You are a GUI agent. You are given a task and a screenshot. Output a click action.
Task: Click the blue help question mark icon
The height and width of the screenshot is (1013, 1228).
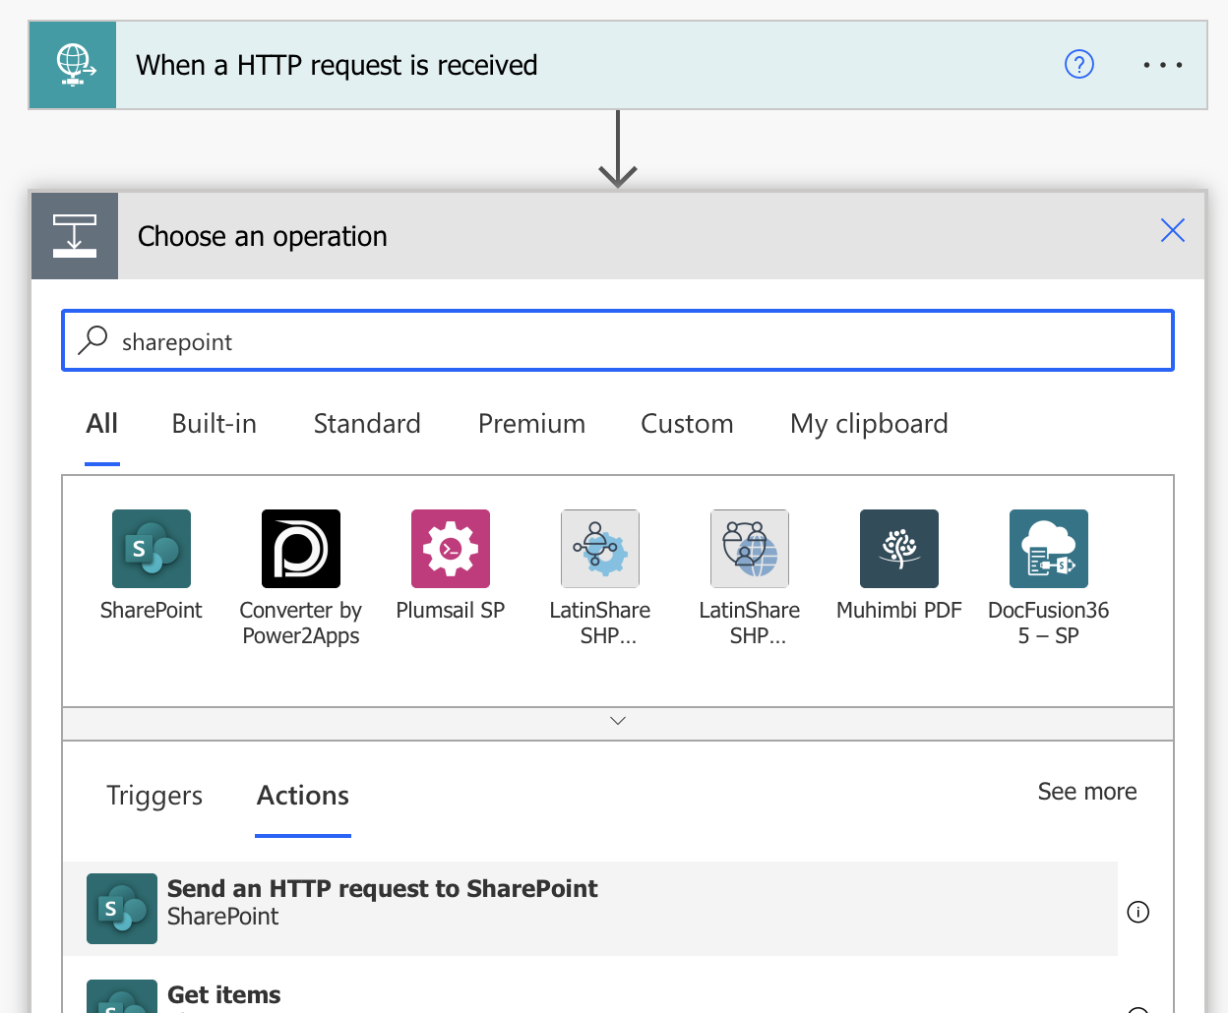pos(1078,64)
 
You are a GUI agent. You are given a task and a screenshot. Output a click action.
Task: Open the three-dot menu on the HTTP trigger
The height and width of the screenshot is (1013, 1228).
pos(1163,65)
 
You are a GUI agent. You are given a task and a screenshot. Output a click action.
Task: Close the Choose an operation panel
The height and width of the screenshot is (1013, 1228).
pos(1172,230)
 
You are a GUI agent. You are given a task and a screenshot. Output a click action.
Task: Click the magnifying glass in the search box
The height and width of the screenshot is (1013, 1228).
pos(92,340)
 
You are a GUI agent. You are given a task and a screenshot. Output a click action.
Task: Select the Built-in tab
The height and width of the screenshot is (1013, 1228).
pos(215,423)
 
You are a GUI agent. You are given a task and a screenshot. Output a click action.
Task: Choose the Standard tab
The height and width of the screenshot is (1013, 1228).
pos(367,423)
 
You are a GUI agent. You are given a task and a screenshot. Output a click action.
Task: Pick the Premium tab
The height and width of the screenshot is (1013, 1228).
pos(531,423)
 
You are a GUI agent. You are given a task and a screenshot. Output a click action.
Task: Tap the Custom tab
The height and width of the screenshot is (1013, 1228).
pos(687,423)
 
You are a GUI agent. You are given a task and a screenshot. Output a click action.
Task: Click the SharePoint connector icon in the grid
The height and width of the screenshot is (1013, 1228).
pos(152,549)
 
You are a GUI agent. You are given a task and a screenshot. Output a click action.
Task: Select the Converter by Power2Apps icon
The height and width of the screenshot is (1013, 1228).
pos(300,549)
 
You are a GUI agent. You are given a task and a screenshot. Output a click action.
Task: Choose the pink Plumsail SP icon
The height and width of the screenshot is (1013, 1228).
pos(450,549)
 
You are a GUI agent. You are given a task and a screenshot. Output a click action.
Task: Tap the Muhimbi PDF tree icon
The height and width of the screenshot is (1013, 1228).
pos(898,549)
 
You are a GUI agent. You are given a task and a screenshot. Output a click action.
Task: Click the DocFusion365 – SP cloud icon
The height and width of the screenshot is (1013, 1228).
pos(1049,549)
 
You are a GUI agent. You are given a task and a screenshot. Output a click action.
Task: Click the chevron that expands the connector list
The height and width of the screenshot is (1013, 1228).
pos(618,721)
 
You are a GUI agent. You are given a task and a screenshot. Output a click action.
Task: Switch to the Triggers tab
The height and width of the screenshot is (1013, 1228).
pos(154,796)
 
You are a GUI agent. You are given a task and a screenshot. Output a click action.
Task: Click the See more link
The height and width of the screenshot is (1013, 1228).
pos(1087,792)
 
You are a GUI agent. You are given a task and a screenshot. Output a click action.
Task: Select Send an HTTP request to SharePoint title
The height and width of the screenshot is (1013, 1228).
pos(383,888)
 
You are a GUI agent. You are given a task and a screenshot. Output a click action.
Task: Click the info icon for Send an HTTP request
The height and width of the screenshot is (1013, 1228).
pos(1137,912)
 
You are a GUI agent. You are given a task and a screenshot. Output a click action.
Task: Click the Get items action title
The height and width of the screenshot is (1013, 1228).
pos(224,994)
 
